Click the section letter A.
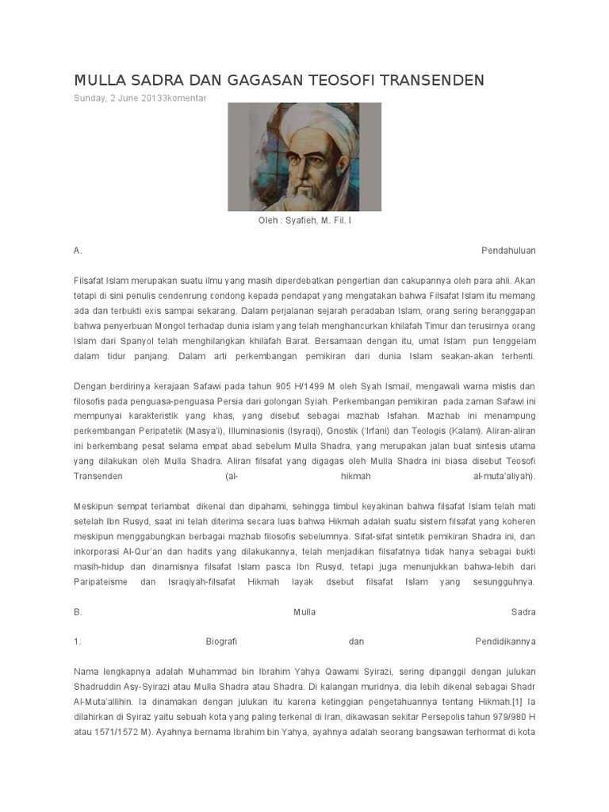[78, 251]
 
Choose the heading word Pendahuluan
[509, 251]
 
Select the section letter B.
[78, 612]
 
